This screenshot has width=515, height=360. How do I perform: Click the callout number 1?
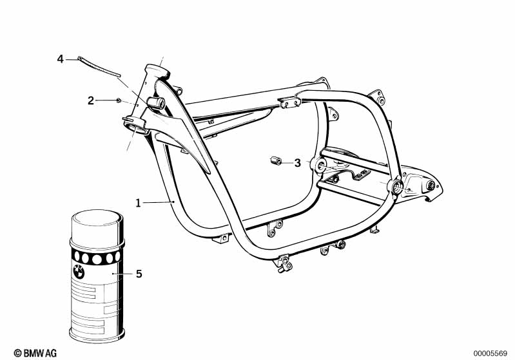click(x=139, y=203)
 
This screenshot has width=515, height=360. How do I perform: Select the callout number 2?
click(x=91, y=100)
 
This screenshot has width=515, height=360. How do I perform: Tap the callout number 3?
click(x=298, y=163)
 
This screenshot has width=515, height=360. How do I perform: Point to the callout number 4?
click(x=60, y=59)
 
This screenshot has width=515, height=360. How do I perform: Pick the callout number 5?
click(x=139, y=274)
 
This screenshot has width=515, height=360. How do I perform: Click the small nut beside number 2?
click(x=119, y=100)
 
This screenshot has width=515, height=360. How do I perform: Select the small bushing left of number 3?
click(x=275, y=161)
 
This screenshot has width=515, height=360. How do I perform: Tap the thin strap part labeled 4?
click(x=99, y=66)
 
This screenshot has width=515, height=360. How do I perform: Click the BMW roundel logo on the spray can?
click(x=79, y=272)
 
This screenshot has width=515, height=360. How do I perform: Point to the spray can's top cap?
click(x=97, y=225)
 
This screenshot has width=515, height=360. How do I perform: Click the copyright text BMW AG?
click(x=35, y=353)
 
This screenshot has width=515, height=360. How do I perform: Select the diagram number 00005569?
click(x=491, y=354)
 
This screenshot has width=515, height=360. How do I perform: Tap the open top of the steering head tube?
click(x=157, y=70)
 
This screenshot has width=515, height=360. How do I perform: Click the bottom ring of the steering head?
click(x=135, y=128)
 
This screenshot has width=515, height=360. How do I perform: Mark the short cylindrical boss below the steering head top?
click(x=156, y=102)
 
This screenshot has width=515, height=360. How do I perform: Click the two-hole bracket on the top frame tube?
click(x=290, y=102)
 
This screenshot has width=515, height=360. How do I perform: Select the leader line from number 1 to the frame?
click(x=158, y=203)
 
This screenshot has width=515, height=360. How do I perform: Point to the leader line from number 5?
click(x=123, y=273)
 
